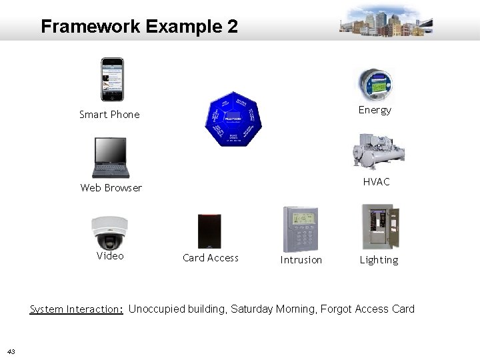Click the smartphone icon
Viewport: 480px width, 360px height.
[112, 79]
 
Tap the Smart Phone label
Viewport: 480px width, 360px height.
[109, 115]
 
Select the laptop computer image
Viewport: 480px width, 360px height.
[111, 157]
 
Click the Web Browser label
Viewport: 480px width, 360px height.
[111, 188]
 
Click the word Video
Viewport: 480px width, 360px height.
[110, 256]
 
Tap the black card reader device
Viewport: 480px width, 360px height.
[209, 231]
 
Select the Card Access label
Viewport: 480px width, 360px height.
[210, 258]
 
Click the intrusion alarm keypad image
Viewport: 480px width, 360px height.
[300, 229]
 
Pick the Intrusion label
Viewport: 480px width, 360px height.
[301, 260]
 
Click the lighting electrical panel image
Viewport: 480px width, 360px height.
[379, 227]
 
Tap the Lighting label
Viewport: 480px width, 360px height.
[379, 260]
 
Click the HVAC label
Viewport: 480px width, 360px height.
[376, 182]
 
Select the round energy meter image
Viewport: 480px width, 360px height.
[374, 84]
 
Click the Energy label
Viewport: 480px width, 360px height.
[375, 110]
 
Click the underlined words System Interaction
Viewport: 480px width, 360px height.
[76, 309]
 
